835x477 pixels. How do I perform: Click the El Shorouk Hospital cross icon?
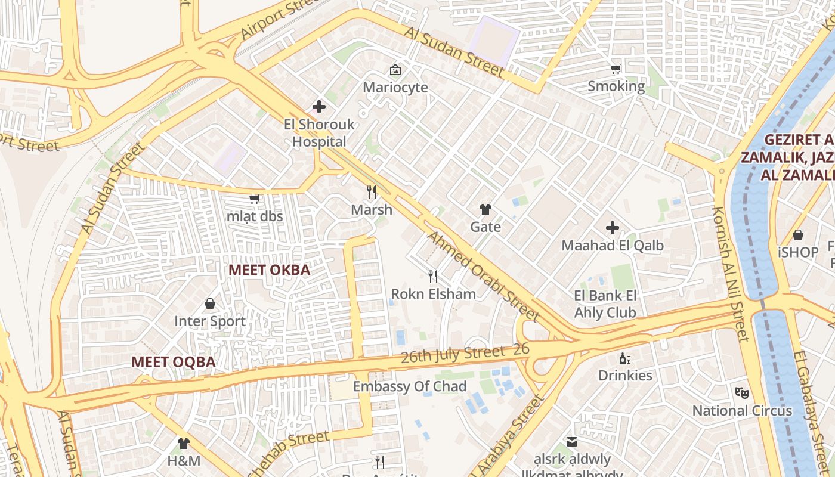pos(319,107)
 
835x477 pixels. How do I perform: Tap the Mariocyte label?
pos(395,87)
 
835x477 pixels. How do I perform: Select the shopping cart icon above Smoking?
pos(616,69)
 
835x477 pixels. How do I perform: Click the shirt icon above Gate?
pos(485,209)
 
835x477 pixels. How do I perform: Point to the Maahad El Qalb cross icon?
pos(613,227)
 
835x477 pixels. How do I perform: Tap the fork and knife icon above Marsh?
pos(372,191)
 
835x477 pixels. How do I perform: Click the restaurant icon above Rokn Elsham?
pos(433,276)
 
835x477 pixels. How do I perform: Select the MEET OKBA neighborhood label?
pos(270,270)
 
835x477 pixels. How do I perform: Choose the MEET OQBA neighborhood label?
pos(173,362)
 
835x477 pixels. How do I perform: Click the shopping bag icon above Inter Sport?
pos(210,303)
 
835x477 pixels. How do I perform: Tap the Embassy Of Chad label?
pos(409,386)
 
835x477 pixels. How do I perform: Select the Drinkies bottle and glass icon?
pos(625,358)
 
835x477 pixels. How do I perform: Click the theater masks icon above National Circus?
pos(742,392)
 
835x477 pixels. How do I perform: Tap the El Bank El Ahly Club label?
pos(605,304)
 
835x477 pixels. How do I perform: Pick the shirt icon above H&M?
pos(183,443)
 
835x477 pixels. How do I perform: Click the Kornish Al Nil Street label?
pos(730,274)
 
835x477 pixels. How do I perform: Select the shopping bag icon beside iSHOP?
pos(798,235)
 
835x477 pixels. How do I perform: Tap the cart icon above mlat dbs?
pos(255,199)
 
